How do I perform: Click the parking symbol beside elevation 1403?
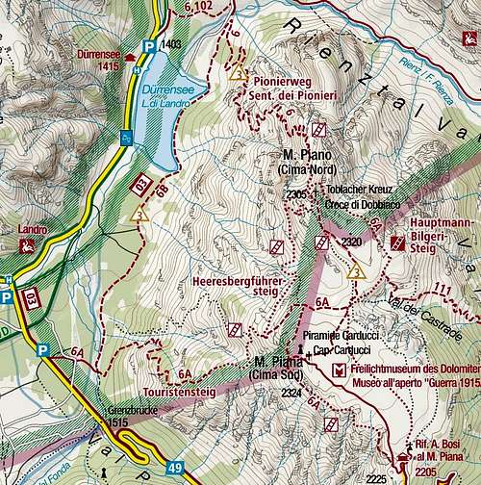pyautogui.click(x=148, y=45)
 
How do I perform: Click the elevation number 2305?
pyautogui.click(x=296, y=195)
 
